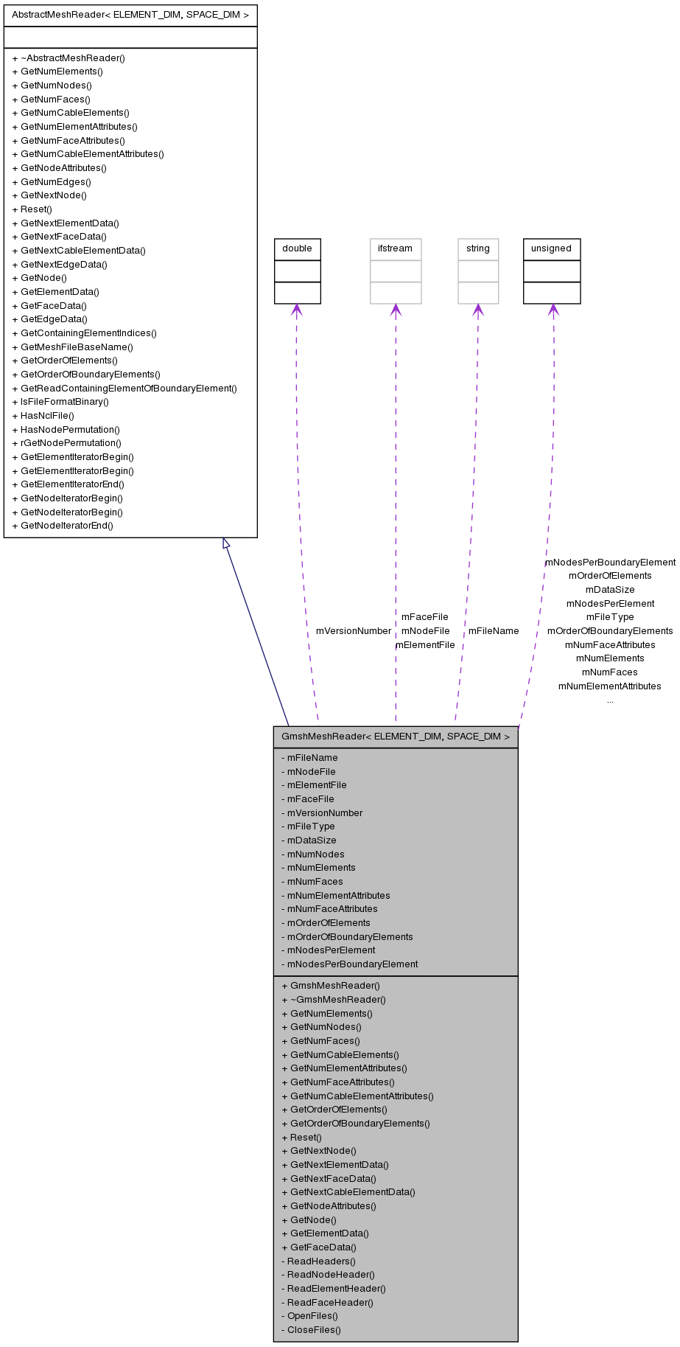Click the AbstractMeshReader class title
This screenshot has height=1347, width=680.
click(130, 15)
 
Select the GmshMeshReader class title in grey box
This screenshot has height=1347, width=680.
click(395, 737)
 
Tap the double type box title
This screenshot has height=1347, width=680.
click(297, 248)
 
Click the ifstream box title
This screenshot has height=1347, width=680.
click(395, 248)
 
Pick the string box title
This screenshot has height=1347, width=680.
click(477, 248)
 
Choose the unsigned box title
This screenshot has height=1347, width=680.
click(551, 248)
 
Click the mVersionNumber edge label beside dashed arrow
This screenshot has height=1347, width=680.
click(353, 631)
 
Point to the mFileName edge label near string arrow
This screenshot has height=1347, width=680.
click(493, 631)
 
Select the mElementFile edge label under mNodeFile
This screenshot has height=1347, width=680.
click(425, 645)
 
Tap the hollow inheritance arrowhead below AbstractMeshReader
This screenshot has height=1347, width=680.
click(227, 543)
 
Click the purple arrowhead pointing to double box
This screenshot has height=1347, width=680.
click(296, 310)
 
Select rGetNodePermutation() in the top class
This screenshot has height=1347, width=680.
click(66, 443)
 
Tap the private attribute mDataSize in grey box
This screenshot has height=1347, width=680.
click(309, 840)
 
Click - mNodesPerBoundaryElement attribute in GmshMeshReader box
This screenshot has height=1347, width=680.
click(349, 964)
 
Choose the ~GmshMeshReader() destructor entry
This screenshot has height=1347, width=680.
click(334, 1000)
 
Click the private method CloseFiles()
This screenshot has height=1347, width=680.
click(311, 1330)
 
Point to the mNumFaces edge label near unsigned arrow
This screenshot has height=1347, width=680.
click(609, 672)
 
